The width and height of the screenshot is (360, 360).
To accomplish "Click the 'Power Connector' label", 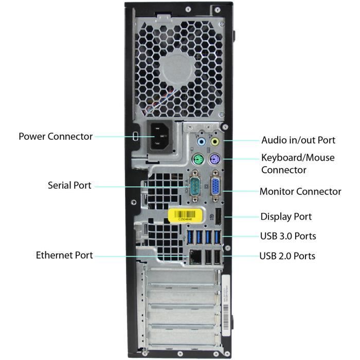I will [56, 136].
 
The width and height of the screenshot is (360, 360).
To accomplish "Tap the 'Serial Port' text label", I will [69, 185].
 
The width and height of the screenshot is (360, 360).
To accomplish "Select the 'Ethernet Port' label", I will [64, 255].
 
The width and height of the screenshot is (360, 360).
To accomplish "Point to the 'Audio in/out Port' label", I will [298, 140].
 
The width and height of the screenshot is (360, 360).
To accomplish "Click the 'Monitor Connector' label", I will [300, 191].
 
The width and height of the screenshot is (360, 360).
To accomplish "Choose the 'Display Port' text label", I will [286, 217].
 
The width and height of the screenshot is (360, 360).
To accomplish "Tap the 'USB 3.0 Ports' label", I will [288, 236].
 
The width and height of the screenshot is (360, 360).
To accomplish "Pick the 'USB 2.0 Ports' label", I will [287, 256].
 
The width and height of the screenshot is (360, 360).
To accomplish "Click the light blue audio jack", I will [201, 141].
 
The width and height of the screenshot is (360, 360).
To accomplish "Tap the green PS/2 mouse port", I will [196, 159].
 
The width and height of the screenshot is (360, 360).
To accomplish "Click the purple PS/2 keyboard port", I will [215, 159].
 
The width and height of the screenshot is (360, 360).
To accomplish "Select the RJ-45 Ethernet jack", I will [195, 256].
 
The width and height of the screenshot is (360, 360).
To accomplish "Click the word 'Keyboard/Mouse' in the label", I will [298, 157].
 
